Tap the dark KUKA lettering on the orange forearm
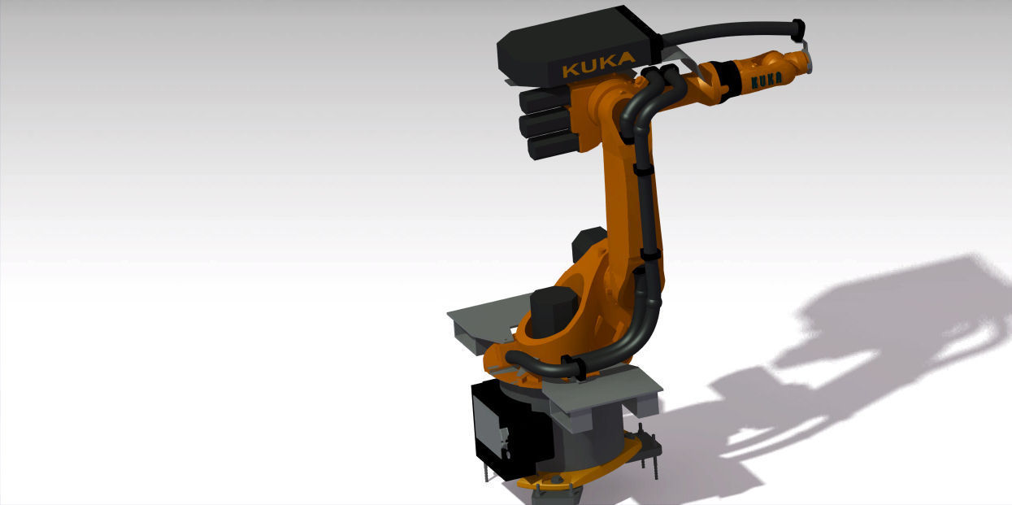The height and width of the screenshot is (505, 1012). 766,80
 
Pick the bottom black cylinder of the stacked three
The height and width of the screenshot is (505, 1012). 552,146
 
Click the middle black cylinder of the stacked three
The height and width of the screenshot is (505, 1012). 548,123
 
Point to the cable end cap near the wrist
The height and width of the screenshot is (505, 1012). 797,29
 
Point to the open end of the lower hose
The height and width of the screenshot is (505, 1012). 510,357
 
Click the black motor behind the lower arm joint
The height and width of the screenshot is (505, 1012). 589,244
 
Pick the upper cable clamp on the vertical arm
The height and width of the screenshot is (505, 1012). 642,172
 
